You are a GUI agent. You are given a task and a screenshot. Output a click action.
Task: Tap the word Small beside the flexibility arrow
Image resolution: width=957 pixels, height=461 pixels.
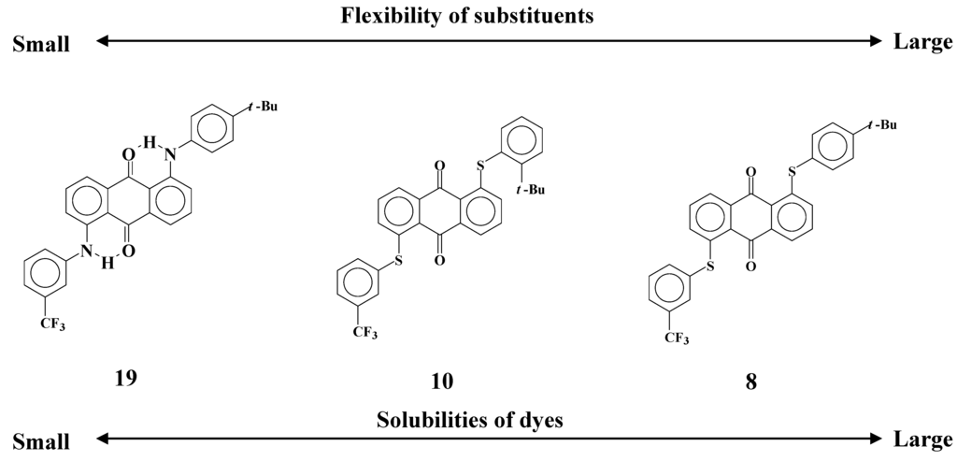coord(41,44)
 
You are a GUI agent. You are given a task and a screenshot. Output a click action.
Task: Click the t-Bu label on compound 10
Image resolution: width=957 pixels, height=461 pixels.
coord(530,192)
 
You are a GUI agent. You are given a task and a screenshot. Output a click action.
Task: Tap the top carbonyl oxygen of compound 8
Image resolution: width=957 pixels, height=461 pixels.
coord(750,172)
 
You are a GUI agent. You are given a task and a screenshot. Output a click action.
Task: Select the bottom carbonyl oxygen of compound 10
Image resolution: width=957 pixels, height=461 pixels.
coord(438,264)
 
